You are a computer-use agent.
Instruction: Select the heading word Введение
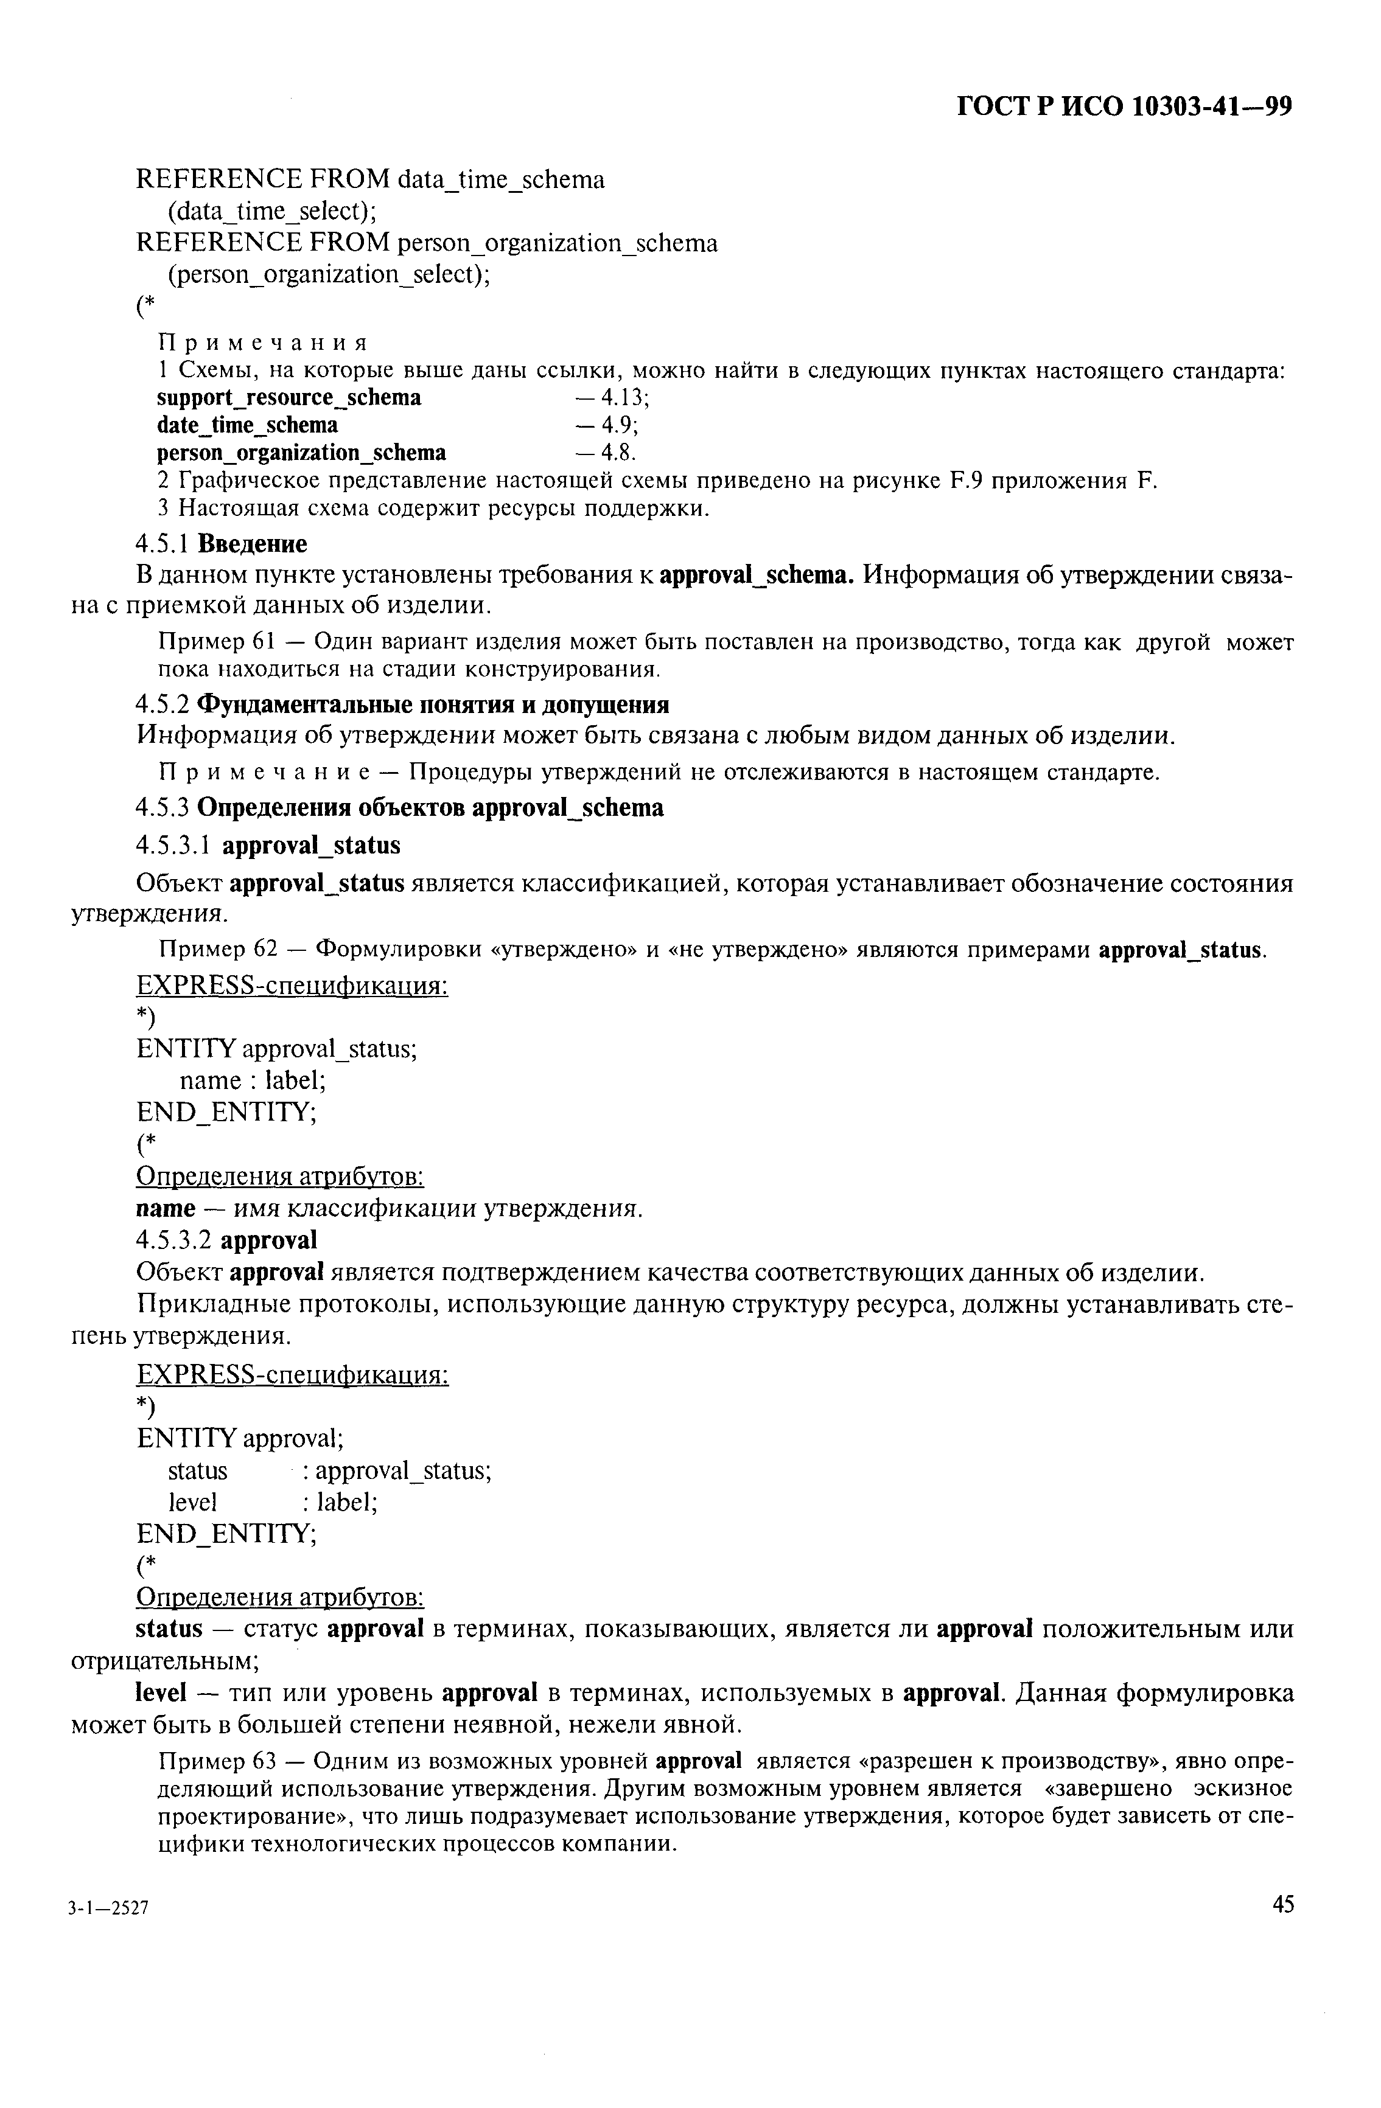pyautogui.click(x=253, y=543)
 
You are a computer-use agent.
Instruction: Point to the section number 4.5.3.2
pyautogui.click(x=175, y=1240)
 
